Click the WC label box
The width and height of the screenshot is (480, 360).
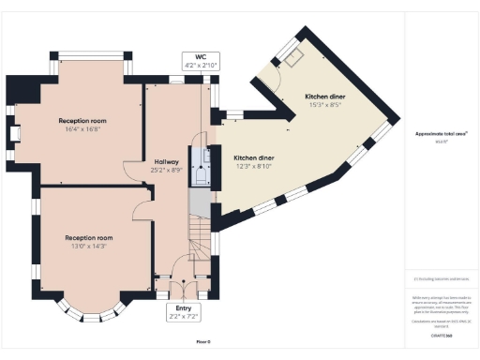coord(201,61)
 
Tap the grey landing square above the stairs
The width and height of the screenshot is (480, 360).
coord(199,204)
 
